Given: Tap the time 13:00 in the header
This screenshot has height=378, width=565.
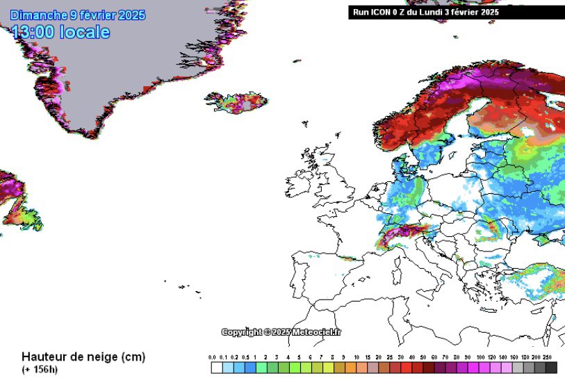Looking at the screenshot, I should coord(34,32).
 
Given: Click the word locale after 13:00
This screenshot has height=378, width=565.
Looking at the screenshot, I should coord(84,32).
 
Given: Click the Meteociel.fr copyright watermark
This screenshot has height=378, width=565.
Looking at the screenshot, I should coord(281,332).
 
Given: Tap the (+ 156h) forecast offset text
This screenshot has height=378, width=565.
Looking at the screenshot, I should coord(40,369).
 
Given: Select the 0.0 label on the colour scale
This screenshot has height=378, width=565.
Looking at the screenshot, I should coord(213,357).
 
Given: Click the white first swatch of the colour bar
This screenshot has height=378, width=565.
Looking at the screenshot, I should coord(216,368).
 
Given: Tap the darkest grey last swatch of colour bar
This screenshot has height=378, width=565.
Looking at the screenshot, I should coord(551,368).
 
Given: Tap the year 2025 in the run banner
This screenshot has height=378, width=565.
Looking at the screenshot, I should coord(489,12).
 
